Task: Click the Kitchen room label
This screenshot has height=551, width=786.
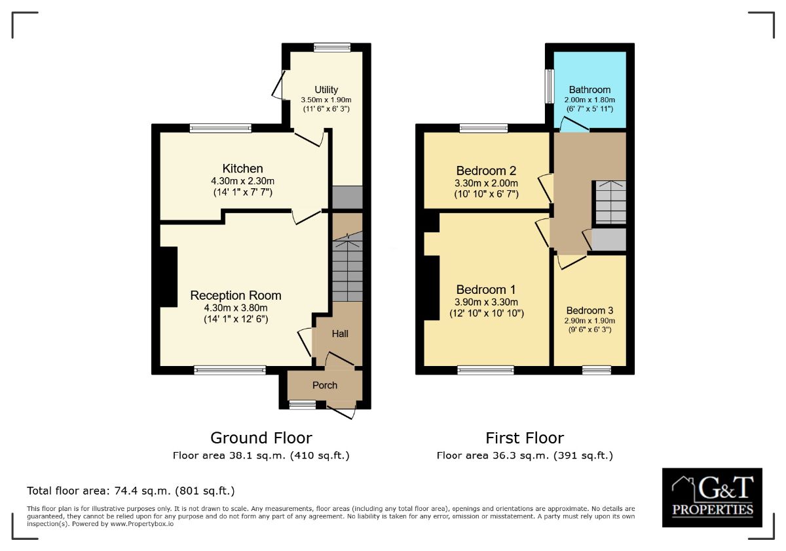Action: [242, 169]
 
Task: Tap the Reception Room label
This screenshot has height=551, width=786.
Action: [236, 296]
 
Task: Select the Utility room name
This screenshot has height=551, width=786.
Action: [326, 90]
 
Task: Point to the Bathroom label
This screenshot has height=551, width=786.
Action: [589, 90]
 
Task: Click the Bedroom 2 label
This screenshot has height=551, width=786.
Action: [486, 171]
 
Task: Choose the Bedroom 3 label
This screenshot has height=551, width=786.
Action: [589, 311]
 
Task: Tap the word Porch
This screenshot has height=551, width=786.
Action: [325, 386]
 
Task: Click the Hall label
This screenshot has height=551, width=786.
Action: [340, 333]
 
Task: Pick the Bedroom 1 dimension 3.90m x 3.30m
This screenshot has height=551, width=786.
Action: [486, 302]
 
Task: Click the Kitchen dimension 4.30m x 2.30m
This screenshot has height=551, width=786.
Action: [242, 181]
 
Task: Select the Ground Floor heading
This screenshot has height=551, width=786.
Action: [261, 438]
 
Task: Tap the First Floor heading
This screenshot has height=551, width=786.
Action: [525, 438]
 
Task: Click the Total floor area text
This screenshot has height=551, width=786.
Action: [131, 491]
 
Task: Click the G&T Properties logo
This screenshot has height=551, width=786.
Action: [712, 498]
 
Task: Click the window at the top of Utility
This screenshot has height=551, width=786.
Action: [332, 47]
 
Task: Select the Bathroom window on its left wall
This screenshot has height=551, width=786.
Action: [549, 87]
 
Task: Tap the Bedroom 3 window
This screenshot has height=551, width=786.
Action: [597, 371]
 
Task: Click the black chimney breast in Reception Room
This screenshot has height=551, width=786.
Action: [169, 277]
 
